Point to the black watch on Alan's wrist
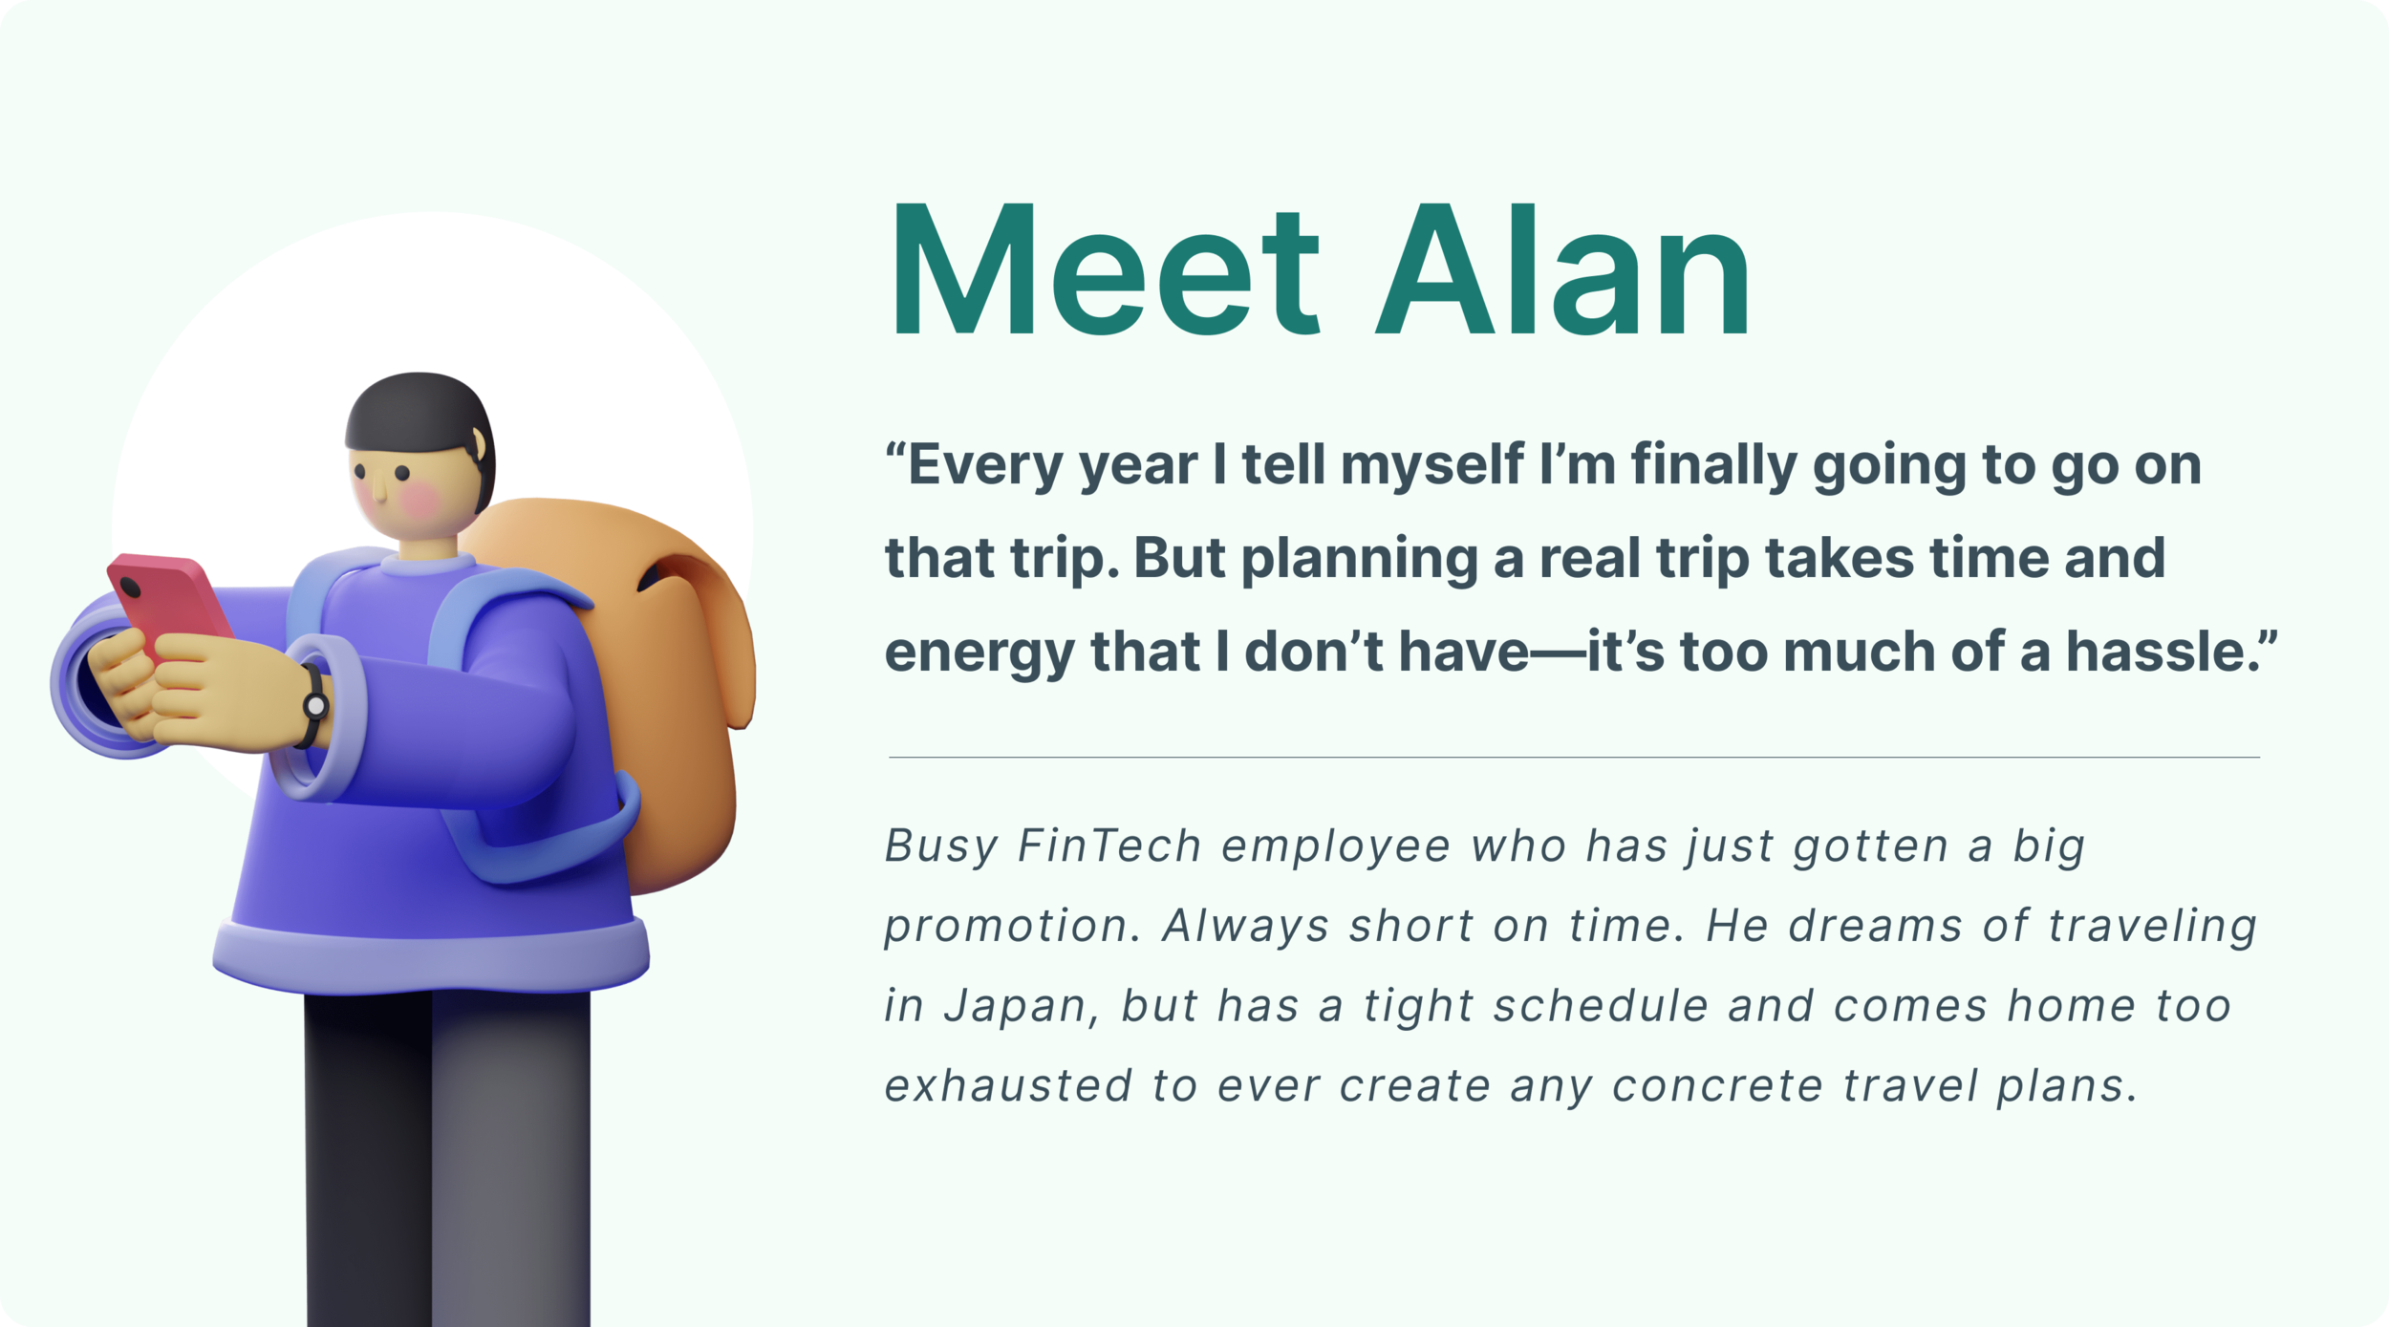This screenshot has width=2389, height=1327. (313, 706)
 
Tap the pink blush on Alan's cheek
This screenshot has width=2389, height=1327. (420, 497)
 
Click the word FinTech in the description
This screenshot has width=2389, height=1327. (1109, 846)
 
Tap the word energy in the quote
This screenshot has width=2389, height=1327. (979, 653)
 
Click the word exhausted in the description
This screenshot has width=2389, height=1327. (1008, 1086)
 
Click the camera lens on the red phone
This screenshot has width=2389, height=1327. (131, 586)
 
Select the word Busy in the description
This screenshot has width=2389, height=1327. (941, 846)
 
